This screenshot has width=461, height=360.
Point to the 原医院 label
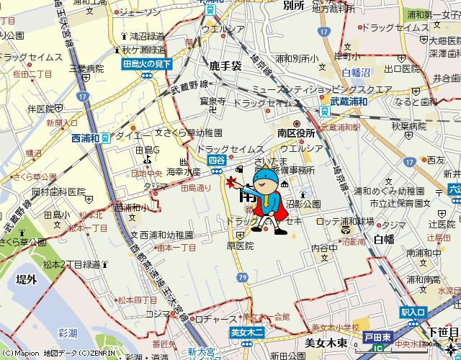tap(241, 246)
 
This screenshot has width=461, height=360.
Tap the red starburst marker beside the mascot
tap(233, 182)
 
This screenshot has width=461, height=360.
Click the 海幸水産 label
tap(183, 173)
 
